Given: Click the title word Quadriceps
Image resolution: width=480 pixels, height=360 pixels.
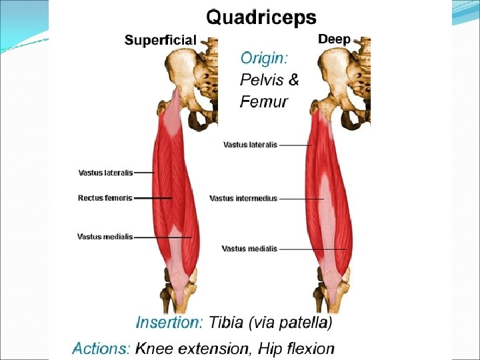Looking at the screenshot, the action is tap(261, 16).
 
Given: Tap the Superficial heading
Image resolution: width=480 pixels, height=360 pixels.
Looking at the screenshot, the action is tap(161, 40).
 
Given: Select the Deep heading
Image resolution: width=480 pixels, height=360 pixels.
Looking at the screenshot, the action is tap(334, 39).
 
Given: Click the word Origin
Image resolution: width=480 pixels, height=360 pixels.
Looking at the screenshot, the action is tap(263, 58).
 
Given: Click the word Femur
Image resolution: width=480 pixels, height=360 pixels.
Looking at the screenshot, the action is tap(263, 102).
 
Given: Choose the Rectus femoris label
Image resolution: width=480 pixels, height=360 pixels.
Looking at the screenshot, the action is tap(105, 198).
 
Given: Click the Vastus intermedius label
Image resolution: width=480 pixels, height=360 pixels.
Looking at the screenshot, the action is tap(243, 198).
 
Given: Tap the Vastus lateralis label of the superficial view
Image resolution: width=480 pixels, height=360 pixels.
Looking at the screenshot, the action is tap(105, 173).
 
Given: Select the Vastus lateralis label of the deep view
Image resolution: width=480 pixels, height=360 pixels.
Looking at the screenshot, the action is tap(250, 144).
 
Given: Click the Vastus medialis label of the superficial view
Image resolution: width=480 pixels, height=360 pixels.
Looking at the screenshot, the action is tap(105, 236).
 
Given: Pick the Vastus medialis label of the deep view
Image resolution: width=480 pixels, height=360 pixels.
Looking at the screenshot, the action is tap(249, 249).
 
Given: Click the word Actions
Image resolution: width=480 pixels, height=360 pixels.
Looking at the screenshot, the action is tap(101, 348).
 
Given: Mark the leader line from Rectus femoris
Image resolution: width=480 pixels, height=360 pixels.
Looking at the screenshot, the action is tap(153, 198).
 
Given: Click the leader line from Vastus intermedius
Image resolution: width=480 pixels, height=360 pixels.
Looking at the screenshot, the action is tap(301, 199).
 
